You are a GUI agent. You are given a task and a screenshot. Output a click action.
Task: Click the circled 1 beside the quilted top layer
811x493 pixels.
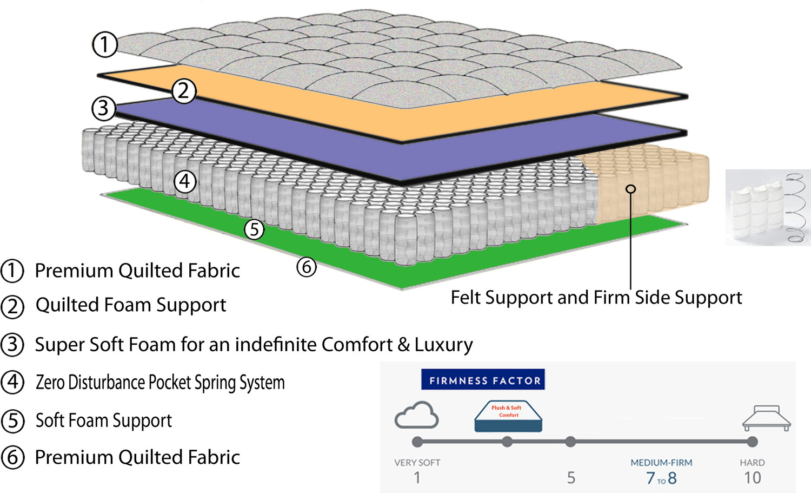point(104,44)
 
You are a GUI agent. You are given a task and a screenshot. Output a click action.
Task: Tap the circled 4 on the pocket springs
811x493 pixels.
point(185,181)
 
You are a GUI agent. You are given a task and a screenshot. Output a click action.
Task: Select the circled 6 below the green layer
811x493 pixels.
point(307,266)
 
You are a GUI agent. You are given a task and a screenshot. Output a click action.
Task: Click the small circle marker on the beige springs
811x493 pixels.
point(630,189)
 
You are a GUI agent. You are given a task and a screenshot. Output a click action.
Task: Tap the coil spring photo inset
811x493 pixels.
point(768,207)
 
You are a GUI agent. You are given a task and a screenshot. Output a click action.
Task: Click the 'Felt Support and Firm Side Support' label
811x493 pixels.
point(596,298)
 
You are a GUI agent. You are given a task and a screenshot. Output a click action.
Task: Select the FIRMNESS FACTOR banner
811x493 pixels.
point(483,380)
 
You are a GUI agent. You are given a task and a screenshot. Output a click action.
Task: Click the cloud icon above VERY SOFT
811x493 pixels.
point(416,415)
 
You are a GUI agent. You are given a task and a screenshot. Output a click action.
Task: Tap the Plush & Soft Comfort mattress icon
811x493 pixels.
point(508,416)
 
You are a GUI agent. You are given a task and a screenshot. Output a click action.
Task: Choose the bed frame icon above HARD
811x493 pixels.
point(766,417)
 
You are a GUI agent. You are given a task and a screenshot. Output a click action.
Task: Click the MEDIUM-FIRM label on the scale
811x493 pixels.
point(661,463)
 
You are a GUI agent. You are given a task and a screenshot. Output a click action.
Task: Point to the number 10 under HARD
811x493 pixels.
point(752,478)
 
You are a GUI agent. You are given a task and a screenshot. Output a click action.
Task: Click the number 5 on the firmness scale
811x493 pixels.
point(571,478)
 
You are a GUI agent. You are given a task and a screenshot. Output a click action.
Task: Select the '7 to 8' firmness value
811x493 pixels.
point(661,478)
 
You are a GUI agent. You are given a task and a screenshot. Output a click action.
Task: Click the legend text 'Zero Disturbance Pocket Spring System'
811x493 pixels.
point(160,383)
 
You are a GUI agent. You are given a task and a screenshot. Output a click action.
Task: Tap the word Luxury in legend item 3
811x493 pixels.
point(443,345)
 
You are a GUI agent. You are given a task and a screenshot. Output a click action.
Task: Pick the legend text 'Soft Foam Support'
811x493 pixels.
point(104,420)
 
